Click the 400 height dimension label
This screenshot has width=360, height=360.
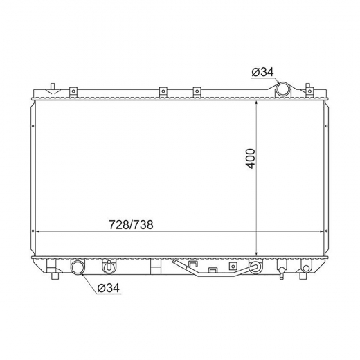tap(251, 159)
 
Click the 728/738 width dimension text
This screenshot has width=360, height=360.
tap(131, 224)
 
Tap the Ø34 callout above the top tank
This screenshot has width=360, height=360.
tap(263, 72)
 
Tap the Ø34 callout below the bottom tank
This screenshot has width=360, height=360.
tap(109, 288)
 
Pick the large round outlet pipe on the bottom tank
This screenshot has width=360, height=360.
tap(78, 268)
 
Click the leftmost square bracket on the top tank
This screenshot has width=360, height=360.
tap(73, 91)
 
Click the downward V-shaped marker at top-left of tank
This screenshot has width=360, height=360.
tap(53, 91)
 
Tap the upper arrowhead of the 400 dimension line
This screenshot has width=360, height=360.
tap(256, 103)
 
